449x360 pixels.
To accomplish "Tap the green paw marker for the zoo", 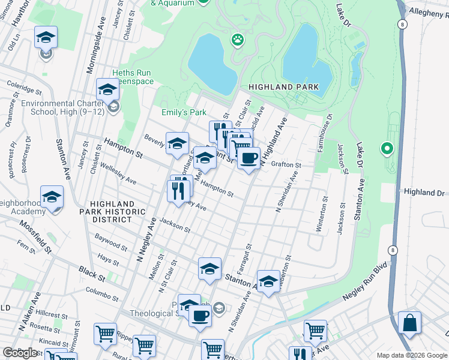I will click(x=238, y=41).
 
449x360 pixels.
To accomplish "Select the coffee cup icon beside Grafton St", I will click(x=249, y=159).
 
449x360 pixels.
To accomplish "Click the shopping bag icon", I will click(x=409, y=323).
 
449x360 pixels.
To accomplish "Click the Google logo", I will click(x=20, y=352).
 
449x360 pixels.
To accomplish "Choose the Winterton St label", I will click(x=322, y=214).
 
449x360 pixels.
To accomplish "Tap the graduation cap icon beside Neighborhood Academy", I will click(x=52, y=197).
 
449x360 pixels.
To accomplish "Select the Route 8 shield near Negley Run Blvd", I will click(x=393, y=250).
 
